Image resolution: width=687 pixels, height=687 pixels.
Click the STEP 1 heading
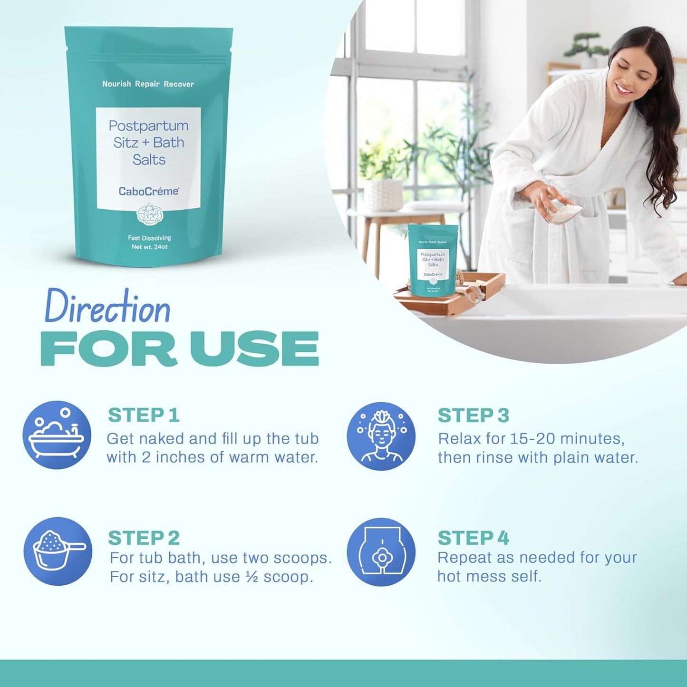coord(144,415)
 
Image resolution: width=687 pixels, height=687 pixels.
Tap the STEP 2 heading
coord(144,538)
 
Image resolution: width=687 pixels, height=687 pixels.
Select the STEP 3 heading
coord(473,416)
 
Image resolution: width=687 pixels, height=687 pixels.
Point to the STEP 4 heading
coord(473,538)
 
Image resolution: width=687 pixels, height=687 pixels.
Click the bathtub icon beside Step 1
coord(57,435)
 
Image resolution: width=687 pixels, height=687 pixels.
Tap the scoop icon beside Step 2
coord(58,552)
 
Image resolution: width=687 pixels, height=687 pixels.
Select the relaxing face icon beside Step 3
coord(381,436)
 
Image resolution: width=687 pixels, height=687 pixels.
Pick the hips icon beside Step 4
coord(381,552)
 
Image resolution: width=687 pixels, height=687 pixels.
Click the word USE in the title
coord(254,349)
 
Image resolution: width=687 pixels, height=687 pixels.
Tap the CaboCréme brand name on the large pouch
coord(149,191)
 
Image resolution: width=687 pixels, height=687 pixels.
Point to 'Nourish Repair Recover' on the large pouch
coord(148,84)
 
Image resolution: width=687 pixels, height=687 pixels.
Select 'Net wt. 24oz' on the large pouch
coord(149,247)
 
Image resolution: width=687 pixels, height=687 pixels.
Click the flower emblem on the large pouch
coord(149,214)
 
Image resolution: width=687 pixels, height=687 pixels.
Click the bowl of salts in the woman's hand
coord(566,212)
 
